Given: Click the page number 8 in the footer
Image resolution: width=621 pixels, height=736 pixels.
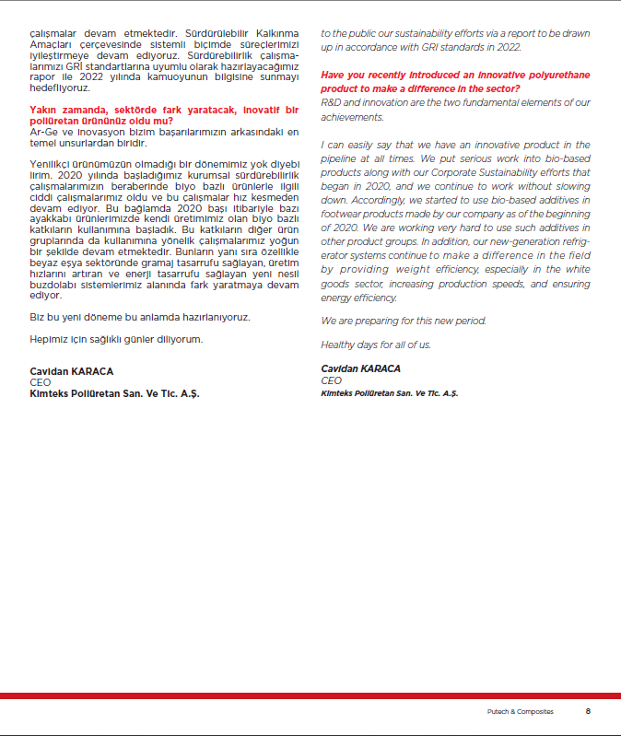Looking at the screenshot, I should click(587, 711).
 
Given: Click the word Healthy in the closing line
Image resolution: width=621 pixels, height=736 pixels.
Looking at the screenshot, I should click(338, 345).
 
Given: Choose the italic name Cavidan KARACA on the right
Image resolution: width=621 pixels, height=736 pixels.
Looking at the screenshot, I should click(360, 368).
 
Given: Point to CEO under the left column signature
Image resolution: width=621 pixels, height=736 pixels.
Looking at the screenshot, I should click(41, 380).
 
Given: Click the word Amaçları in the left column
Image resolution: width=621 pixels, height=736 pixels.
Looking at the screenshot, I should click(51, 44).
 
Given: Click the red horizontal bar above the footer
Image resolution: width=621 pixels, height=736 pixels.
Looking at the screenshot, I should click(310, 695).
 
